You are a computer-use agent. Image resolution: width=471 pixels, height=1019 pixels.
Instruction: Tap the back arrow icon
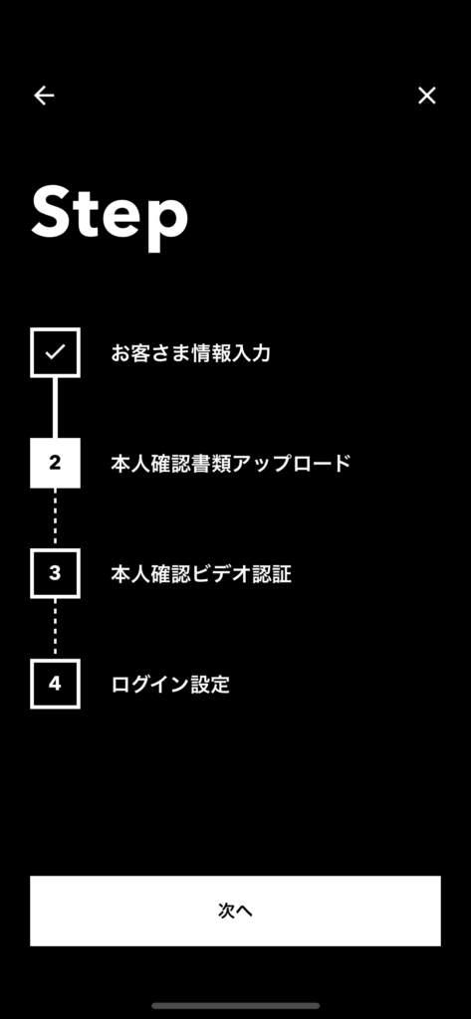[44, 96]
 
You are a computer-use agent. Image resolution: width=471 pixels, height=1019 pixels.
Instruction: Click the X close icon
[427, 96]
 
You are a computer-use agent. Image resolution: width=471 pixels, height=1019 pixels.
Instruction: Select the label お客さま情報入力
[190, 353]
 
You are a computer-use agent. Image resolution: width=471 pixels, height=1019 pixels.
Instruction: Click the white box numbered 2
[56, 463]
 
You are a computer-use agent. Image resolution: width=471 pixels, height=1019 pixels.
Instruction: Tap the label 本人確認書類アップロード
[231, 464]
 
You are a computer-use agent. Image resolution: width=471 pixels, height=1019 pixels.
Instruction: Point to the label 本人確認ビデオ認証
[201, 574]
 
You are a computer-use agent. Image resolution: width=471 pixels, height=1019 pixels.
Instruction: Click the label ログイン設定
[170, 685]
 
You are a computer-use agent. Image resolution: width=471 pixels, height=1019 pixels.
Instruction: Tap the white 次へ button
[235, 911]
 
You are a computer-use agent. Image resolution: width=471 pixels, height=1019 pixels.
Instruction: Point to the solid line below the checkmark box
[56, 407]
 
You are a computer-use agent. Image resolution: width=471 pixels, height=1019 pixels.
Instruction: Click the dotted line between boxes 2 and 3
[56, 517]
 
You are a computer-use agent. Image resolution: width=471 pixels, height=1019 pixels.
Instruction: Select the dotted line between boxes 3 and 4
[56, 629]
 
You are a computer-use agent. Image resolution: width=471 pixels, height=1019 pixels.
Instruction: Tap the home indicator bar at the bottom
[235, 1005]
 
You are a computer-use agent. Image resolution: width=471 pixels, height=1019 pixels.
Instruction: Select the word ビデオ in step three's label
[221, 574]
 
